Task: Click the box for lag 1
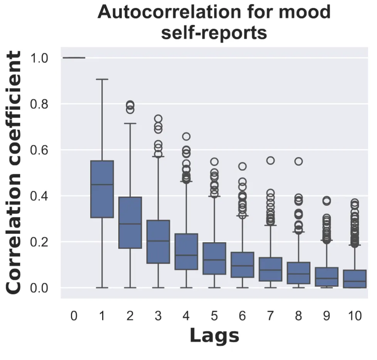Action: coord(102,189)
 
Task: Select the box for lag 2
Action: coord(130,222)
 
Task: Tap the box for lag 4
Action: coord(186,251)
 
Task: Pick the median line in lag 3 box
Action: coord(158,241)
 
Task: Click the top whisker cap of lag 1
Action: coord(102,79)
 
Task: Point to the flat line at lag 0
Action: coord(74,58)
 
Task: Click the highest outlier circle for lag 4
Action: coord(186,136)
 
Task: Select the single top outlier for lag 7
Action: coord(271,160)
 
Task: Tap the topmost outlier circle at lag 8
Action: coord(299,161)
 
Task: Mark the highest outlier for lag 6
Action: coord(242,167)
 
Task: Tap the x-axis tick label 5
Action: coord(214,316)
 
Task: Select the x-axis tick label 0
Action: coord(74,316)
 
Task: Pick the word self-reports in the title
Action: coord(214,33)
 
